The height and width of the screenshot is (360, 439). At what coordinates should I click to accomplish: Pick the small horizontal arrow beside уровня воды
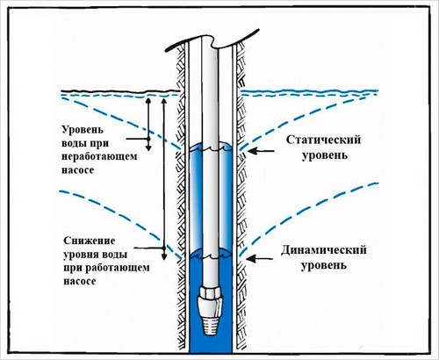coord(151,254)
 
